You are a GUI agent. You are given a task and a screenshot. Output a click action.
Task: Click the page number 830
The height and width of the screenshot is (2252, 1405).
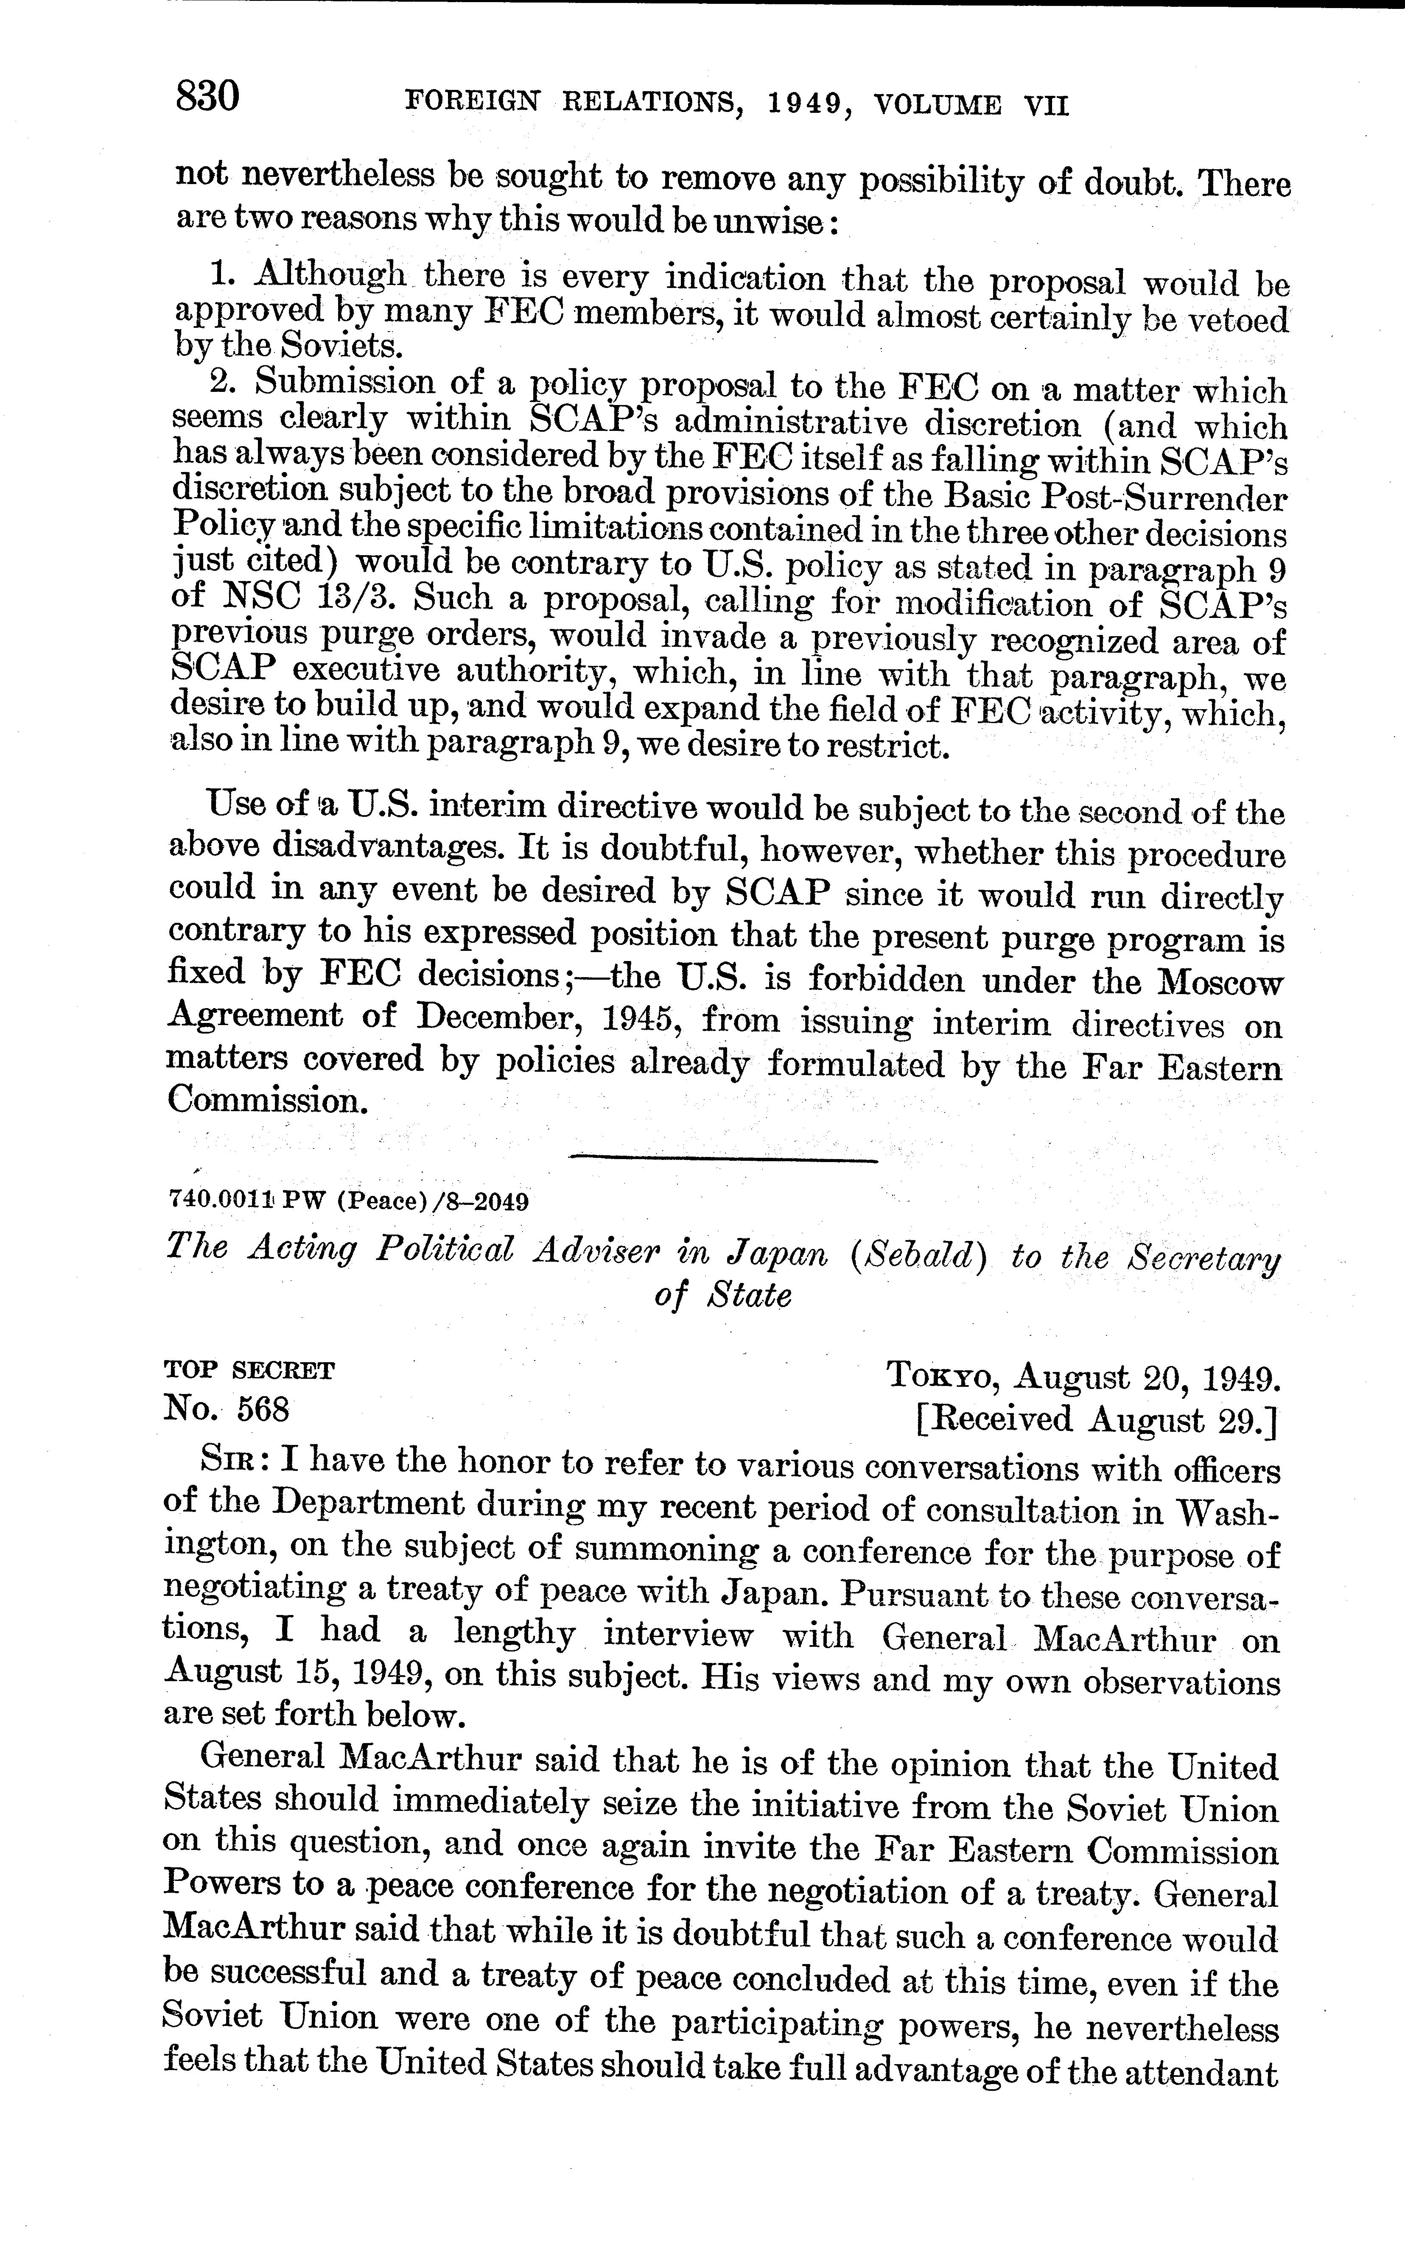(x=208, y=97)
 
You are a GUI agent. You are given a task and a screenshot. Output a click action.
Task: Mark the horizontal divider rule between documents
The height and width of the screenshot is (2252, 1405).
(x=723, y=1160)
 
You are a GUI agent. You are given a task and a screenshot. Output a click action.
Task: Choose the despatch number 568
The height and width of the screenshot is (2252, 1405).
(x=264, y=1409)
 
